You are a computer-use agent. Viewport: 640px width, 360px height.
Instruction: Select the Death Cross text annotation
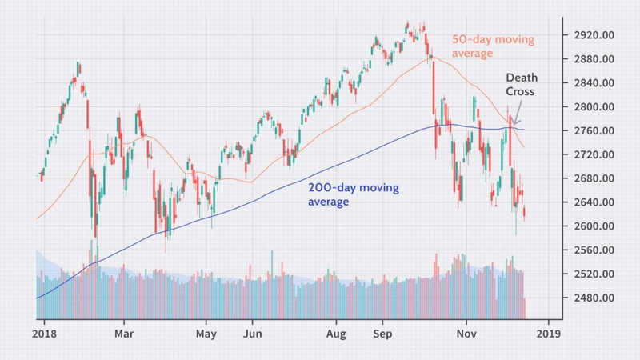521,85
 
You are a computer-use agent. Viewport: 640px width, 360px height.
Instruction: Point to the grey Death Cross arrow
518,116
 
